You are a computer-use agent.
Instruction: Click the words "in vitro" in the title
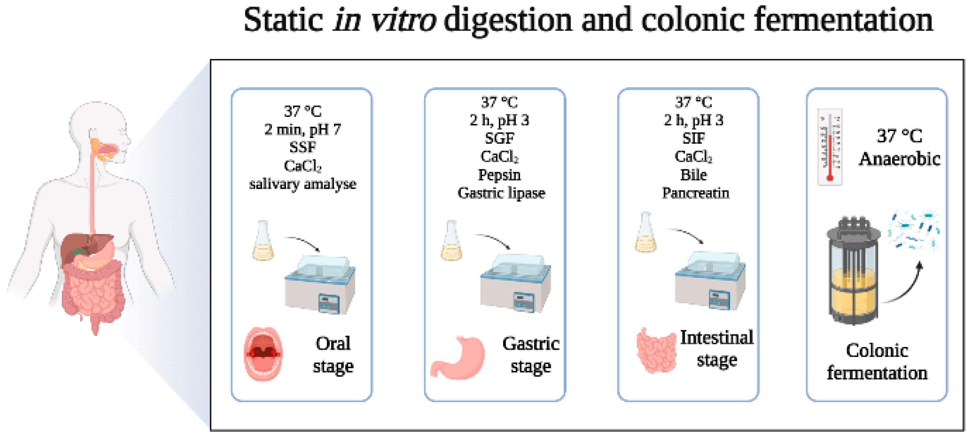pyautogui.click(x=385, y=20)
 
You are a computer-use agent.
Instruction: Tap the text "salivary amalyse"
pyautogui.click(x=303, y=184)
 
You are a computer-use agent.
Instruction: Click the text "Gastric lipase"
pyautogui.click(x=501, y=193)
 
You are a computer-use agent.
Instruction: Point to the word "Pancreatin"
pyautogui.click(x=695, y=193)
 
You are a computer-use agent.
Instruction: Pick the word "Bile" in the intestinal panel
pyautogui.click(x=693, y=175)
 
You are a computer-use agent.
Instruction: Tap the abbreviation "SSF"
pyautogui.click(x=303, y=148)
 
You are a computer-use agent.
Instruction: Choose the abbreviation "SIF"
pyautogui.click(x=693, y=138)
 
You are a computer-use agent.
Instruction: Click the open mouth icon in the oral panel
pyautogui.click(x=263, y=354)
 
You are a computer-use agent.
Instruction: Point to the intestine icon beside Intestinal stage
pyautogui.click(x=656, y=350)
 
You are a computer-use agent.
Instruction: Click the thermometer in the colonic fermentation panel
pyautogui.click(x=830, y=147)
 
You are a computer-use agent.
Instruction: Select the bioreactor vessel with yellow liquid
pyautogui.click(x=853, y=272)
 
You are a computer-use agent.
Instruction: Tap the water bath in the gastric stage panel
pyautogui.click(x=515, y=283)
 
